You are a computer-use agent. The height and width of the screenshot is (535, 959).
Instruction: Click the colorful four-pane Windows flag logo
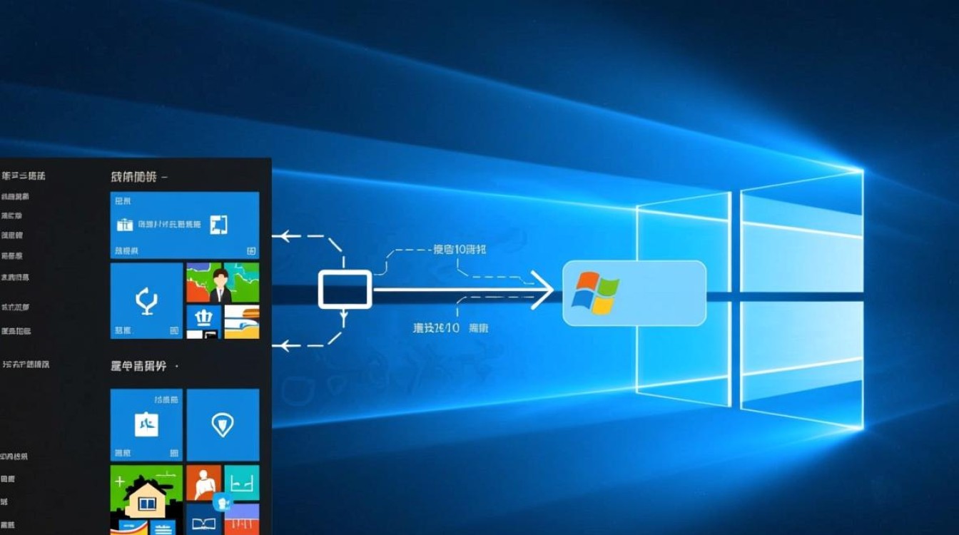(x=594, y=292)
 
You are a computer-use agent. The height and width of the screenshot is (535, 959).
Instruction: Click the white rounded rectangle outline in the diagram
(x=345, y=290)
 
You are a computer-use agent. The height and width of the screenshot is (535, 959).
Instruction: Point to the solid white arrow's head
(x=546, y=290)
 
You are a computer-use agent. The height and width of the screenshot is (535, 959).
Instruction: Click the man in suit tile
(x=221, y=282)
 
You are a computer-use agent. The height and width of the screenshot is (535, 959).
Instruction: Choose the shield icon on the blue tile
(x=223, y=424)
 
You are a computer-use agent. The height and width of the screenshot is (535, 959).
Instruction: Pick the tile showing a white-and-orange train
(x=241, y=322)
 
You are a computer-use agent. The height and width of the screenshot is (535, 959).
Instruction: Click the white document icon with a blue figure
(x=146, y=424)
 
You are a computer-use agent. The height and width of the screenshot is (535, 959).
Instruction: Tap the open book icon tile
(x=203, y=522)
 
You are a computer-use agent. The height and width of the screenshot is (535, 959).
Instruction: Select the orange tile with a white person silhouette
(x=203, y=483)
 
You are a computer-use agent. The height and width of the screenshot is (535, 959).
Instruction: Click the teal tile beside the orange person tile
(x=242, y=483)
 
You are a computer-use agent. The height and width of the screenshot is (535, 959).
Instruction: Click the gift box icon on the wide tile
(x=126, y=225)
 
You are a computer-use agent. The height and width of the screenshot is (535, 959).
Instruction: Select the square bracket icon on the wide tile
(x=219, y=225)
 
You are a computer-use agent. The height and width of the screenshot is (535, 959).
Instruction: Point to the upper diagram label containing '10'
(x=460, y=250)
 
